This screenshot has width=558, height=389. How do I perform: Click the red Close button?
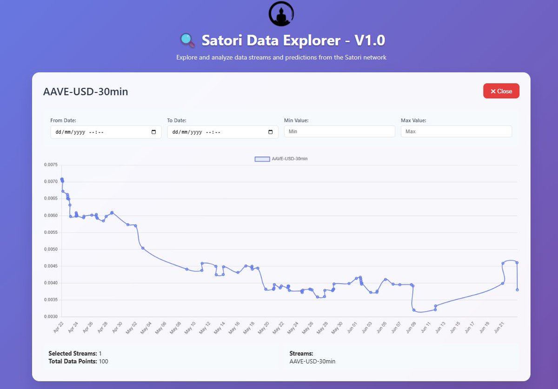point(501,91)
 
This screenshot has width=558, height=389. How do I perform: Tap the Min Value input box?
point(339,132)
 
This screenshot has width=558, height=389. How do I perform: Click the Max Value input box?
point(456,132)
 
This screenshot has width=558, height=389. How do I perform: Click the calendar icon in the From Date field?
point(154,132)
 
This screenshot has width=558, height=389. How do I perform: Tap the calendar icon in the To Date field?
point(271,132)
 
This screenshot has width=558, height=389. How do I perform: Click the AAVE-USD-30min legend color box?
point(262,159)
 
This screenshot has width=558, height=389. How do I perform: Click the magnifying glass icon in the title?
point(187,41)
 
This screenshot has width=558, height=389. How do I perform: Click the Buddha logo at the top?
point(281,13)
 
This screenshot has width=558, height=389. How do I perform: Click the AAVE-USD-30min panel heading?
point(86,92)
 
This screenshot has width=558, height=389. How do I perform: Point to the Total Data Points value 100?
point(103,361)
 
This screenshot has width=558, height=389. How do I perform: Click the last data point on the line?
point(518,290)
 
